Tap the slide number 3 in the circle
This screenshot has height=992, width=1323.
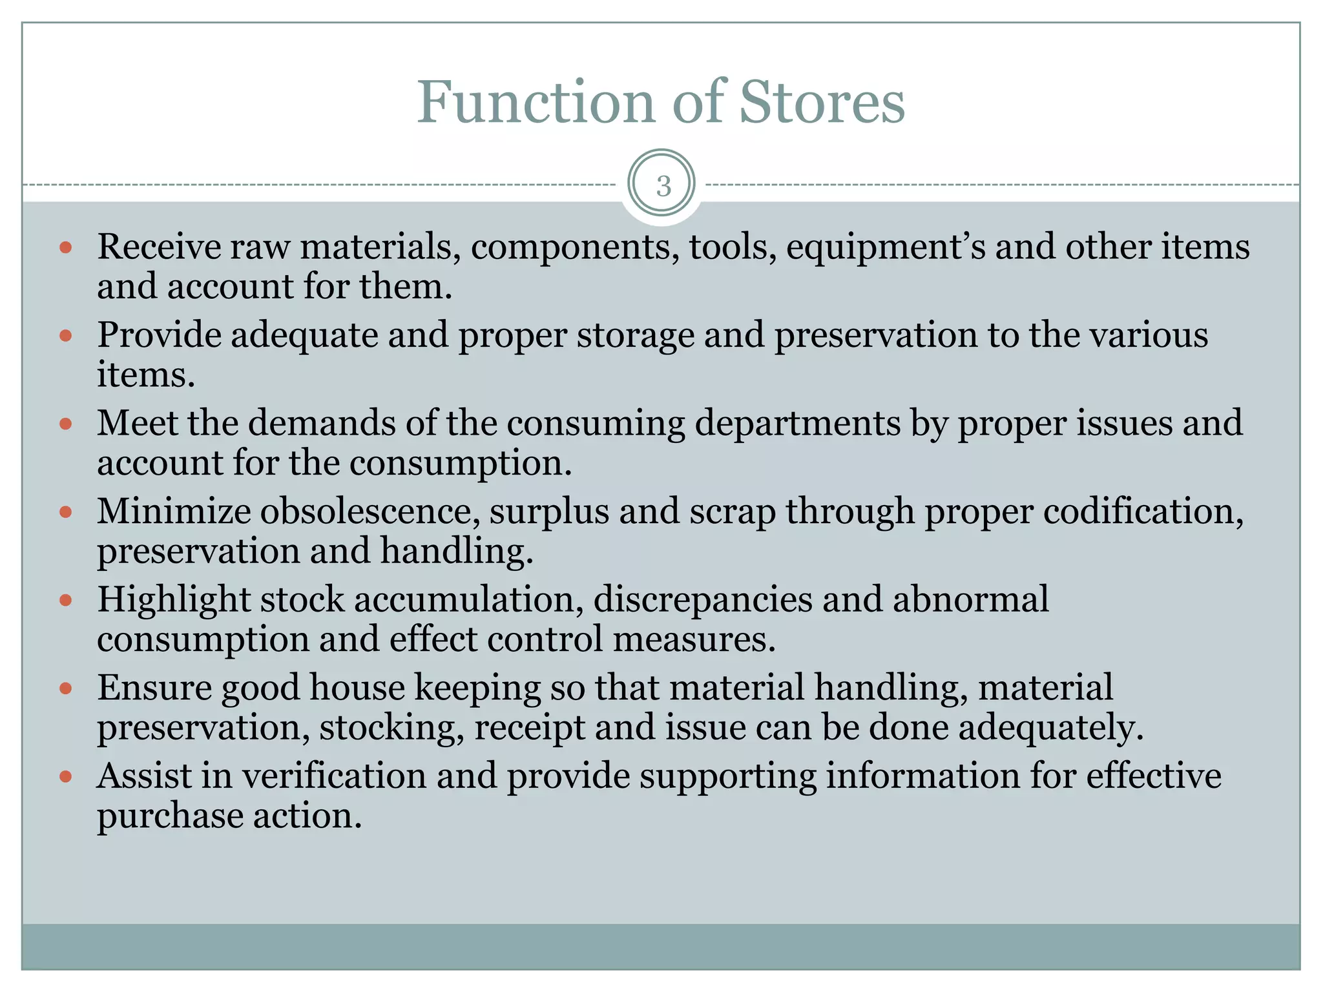663,186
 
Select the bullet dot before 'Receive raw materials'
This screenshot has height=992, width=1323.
65,247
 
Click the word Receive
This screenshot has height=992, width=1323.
159,247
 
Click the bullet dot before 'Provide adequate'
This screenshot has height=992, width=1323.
65,336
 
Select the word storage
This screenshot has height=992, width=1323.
635,337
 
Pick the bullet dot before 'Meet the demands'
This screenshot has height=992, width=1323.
65,424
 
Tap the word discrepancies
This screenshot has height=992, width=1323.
702,601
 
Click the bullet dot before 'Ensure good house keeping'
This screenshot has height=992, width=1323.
65,688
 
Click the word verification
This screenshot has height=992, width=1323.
334,776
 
